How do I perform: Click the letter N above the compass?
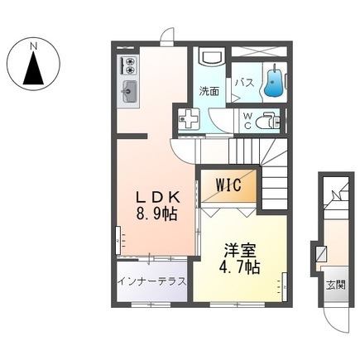click(x=34, y=46)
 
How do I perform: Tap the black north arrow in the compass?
click(x=33, y=68)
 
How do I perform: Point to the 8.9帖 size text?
click(x=156, y=214)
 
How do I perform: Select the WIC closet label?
click(x=228, y=185)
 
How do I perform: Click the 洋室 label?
click(x=240, y=250)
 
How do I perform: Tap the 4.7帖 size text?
click(x=239, y=266)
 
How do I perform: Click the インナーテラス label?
click(x=151, y=281)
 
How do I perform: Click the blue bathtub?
click(x=273, y=83)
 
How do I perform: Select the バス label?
click(x=244, y=83)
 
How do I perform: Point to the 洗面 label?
click(x=209, y=91)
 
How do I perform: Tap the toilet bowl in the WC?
click(x=266, y=121)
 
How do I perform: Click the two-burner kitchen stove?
click(x=127, y=65)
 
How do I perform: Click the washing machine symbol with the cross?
click(x=189, y=118)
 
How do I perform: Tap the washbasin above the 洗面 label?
click(x=212, y=57)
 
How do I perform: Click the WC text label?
click(x=247, y=121)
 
